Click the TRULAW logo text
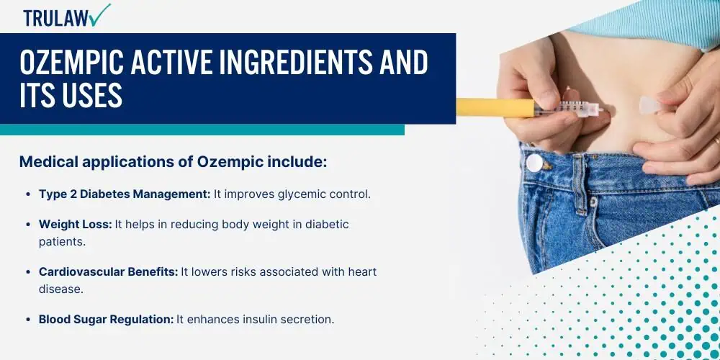pyautogui.click(x=55, y=18)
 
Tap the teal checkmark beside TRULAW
pyautogui.click(x=99, y=15)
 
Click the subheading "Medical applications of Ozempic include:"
pyautogui.click(x=173, y=162)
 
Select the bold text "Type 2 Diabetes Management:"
pyautogui.click(x=125, y=194)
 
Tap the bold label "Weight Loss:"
pyautogui.click(x=76, y=225)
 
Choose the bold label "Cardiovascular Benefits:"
pyautogui.click(x=108, y=272)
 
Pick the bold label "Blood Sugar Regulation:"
pyautogui.click(x=106, y=320)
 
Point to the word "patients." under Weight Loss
pyautogui.click(x=62, y=242)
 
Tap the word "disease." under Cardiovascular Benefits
pyautogui.click(x=61, y=289)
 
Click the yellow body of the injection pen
pyautogui.click(x=495, y=108)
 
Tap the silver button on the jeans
pyautogui.click(x=534, y=163)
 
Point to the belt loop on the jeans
pyautogui.click(x=580, y=184)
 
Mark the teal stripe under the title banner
pyautogui.click(x=202, y=130)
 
